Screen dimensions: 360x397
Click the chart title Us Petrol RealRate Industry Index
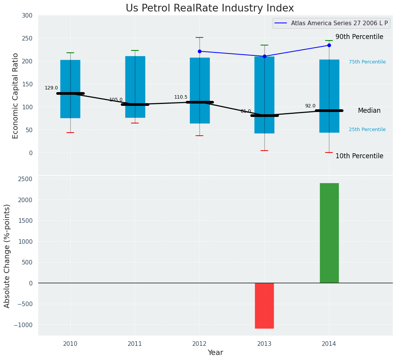point(210,8)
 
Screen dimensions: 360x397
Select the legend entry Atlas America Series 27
point(339,23)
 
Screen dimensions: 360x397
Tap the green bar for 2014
point(329,233)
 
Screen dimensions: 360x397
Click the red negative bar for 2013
point(264,305)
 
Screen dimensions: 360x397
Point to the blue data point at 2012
point(199,51)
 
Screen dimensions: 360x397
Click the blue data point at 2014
point(329,45)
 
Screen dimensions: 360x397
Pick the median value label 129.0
point(51,88)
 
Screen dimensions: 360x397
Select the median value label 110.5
point(181,97)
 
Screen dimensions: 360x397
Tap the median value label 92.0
point(310,106)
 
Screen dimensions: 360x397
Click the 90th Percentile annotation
point(359,37)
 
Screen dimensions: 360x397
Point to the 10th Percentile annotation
point(359,156)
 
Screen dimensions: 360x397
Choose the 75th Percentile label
point(367,62)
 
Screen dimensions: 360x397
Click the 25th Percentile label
point(367,130)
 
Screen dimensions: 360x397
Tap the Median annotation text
point(369,110)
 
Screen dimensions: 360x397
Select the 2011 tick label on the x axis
point(135,344)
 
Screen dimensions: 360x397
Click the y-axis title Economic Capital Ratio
point(16,96)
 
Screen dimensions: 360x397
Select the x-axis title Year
point(216,353)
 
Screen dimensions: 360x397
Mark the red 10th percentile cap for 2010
point(70,133)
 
